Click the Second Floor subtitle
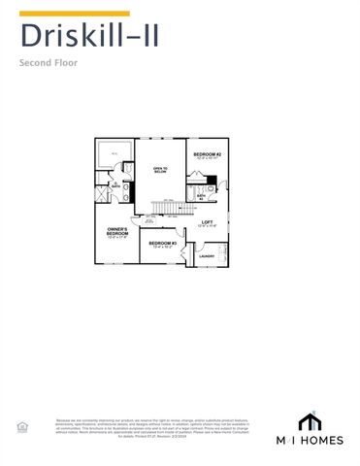click(x=49, y=63)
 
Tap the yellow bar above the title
click(x=60, y=14)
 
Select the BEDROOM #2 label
click(x=208, y=156)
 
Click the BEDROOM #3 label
click(x=162, y=244)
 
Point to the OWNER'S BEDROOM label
click(x=117, y=233)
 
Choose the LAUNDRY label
click(x=207, y=256)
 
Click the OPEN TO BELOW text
click(x=160, y=171)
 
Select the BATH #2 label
click(x=201, y=195)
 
